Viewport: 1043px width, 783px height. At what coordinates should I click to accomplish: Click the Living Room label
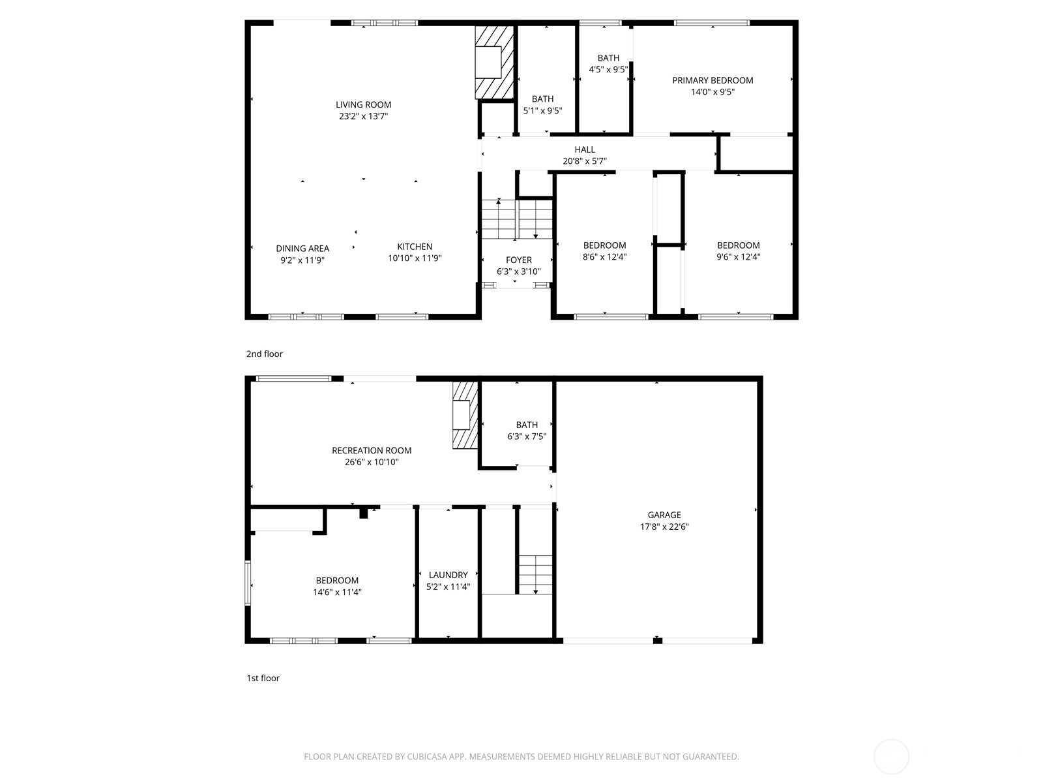(x=363, y=104)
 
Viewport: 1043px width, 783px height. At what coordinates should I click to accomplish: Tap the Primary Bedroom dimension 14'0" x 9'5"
(x=712, y=92)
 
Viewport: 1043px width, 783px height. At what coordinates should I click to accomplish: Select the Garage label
(x=664, y=515)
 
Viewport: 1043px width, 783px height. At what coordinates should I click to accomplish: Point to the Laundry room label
(x=448, y=575)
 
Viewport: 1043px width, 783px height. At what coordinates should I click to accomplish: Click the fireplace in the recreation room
(x=464, y=415)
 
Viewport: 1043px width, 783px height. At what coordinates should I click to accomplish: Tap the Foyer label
(x=518, y=260)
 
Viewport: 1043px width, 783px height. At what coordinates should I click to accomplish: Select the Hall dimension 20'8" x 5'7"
(x=585, y=161)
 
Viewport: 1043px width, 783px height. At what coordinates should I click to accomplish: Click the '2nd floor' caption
(x=264, y=354)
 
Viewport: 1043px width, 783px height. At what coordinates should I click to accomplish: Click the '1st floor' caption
(x=263, y=678)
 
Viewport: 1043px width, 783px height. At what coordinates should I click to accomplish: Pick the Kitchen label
(x=415, y=247)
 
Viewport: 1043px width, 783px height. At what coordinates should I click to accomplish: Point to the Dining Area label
(x=302, y=248)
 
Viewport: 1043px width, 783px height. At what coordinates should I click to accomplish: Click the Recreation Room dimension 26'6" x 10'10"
(x=372, y=462)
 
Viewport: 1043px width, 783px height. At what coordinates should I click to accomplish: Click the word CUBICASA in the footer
(x=426, y=757)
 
